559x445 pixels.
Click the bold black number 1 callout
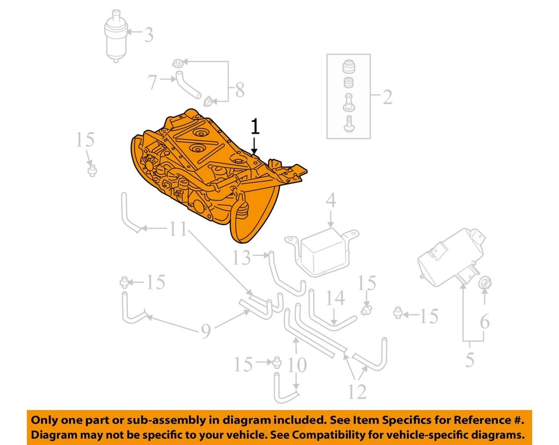(x=254, y=126)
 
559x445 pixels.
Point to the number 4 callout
(x=330, y=201)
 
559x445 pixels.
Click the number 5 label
(x=469, y=360)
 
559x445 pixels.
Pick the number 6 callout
(x=484, y=321)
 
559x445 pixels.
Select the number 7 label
(x=153, y=82)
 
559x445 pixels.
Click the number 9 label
(x=206, y=332)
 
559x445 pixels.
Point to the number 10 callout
(x=297, y=365)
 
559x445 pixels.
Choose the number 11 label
(x=178, y=230)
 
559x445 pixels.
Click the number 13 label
(x=241, y=257)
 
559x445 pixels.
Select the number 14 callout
(x=335, y=298)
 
